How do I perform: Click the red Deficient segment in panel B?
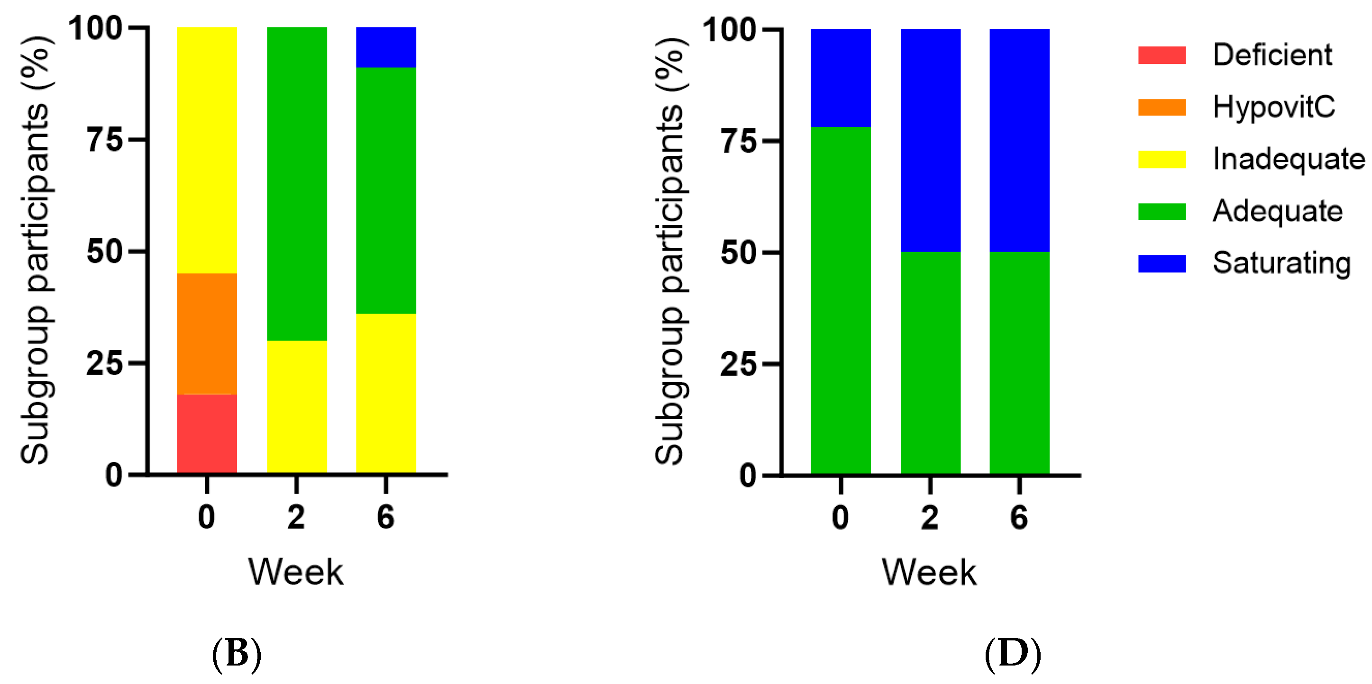pos(207,433)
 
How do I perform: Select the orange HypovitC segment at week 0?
pos(207,334)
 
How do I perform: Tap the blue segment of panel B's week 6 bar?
pos(385,47)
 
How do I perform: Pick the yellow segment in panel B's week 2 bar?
pos(297,407)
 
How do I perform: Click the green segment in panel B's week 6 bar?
pos(385,190)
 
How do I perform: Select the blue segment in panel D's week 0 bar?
pos(841,78)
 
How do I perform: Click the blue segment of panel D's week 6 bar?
pos(1019,140)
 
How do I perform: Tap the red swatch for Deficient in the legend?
pos(1162,55)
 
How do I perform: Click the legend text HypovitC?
pos(1273,107)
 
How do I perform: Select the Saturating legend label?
pos(1281,263)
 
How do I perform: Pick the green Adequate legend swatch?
pos(1162,211)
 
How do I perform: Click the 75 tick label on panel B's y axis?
pos(104,140)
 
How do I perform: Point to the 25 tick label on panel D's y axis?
pos(738,365)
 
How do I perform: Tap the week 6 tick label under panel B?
pos(385,517)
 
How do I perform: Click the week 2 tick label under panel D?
pos(930,517)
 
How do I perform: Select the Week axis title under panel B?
pos(296,572)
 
